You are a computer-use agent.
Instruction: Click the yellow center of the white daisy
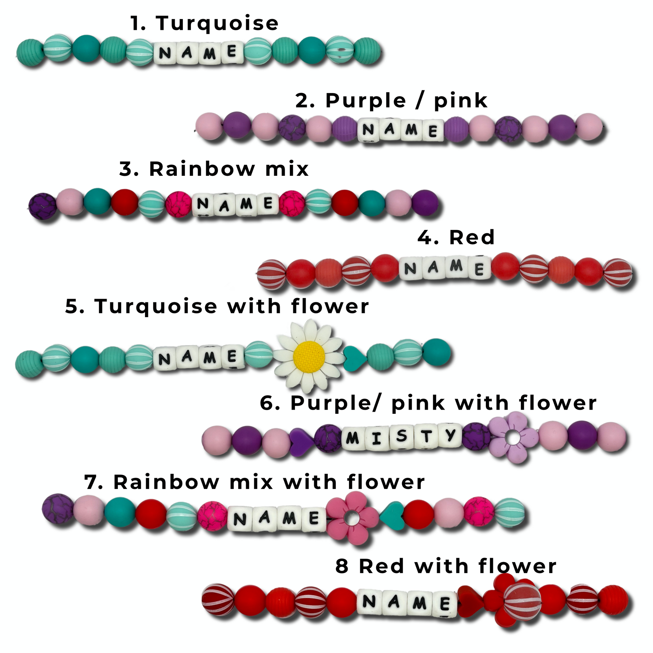tap(309, 357)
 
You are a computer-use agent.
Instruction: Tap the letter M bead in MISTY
tap(353, 438)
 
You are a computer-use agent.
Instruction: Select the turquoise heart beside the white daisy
tap(355, 358)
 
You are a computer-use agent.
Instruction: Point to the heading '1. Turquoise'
tap(204, 23)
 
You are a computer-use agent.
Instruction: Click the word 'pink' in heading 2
tap(461, 101)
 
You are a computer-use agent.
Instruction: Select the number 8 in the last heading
tap(342, 566)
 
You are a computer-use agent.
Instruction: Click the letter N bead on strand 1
tap(165, 53)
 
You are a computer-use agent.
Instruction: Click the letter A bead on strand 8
tap(393, 602)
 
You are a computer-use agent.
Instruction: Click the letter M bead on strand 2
tap(411, 130)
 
